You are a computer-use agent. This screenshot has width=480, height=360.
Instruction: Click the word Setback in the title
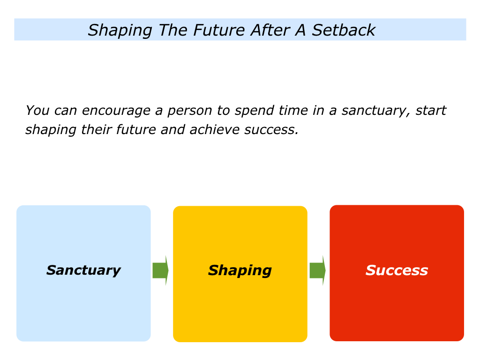click(x=344, y=30)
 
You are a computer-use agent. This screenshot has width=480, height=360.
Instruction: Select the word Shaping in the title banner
click(x=120, y=31)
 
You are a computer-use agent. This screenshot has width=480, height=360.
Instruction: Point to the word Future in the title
click(x=219, y=30)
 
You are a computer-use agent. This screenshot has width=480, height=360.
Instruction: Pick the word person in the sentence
click(x=190, y=111)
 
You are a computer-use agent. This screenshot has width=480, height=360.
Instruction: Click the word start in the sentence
click(x=431, y=111)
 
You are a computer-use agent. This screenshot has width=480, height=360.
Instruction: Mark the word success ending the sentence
click(x=271, y=130)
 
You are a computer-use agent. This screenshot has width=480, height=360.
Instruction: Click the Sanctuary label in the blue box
click(x=83, y=270)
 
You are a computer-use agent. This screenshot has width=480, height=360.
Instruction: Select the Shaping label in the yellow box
click(x=240, y=270)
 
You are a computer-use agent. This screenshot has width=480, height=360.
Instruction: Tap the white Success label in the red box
click(x=397, y=270)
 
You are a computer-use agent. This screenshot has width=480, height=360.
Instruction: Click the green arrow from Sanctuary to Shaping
click(x=160, y=270)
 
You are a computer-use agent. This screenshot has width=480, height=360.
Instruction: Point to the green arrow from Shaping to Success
click(x=317, y=270)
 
